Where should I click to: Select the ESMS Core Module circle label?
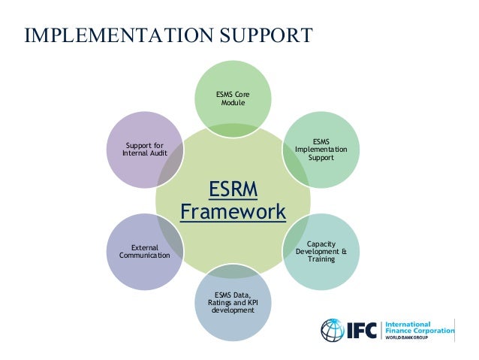[x=233, y=98]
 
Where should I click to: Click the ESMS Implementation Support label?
[x=321, y=149]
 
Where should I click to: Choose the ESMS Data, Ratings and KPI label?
[x=233, y=301]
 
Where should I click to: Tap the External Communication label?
[x=145, y=251]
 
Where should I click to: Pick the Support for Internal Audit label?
[x=145, y=149]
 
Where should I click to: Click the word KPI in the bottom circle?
[x=253, y=301]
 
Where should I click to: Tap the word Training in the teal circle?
[x=321, y=259]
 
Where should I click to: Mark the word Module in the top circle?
[x=233, y=102]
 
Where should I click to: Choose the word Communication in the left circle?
[x=145, y=256]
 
